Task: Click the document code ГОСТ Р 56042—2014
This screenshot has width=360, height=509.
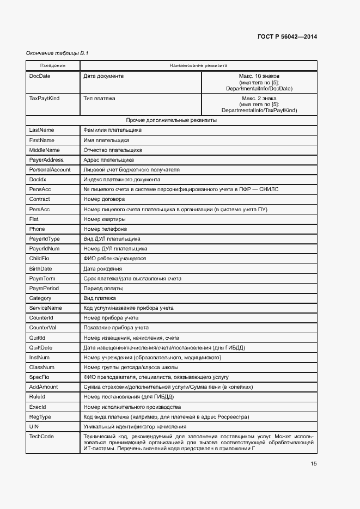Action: pyautogui.click(x=287, y=36)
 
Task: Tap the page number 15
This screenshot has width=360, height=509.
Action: pyautogui.click(x=314, y=464)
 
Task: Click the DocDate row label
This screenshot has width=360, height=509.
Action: pyautogui.click(x=40, y=76)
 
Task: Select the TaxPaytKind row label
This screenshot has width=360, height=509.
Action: pyautogui.click(x=45, y=99)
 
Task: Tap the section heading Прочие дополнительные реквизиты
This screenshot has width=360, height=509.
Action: pyautogui.click(x=172, y=120)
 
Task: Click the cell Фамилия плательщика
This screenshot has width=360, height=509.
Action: pyautogui.click(x=112, y=130)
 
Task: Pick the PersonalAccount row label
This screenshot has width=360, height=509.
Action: pyautogui.click(x=50, y=170)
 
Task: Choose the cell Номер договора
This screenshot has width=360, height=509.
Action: pyautogui.click(x=104, y=199)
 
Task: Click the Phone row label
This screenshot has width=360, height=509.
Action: pyautogui.click(x=37, y=229)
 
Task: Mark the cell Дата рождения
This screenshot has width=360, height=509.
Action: pyautogui.click(x=102, y=268)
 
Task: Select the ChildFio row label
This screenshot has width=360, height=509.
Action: pyautogui.click(x=40, y=259)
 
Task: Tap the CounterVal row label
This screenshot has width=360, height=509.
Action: pyautogui.click(x=43, y=328)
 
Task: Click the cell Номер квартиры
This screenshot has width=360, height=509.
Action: pyautogui.click(x=105, y=219)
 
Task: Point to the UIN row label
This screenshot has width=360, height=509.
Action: pyautogui.click(x=34, y=426)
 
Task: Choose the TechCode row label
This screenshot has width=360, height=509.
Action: pyautogui.click(x=41, y=436)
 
